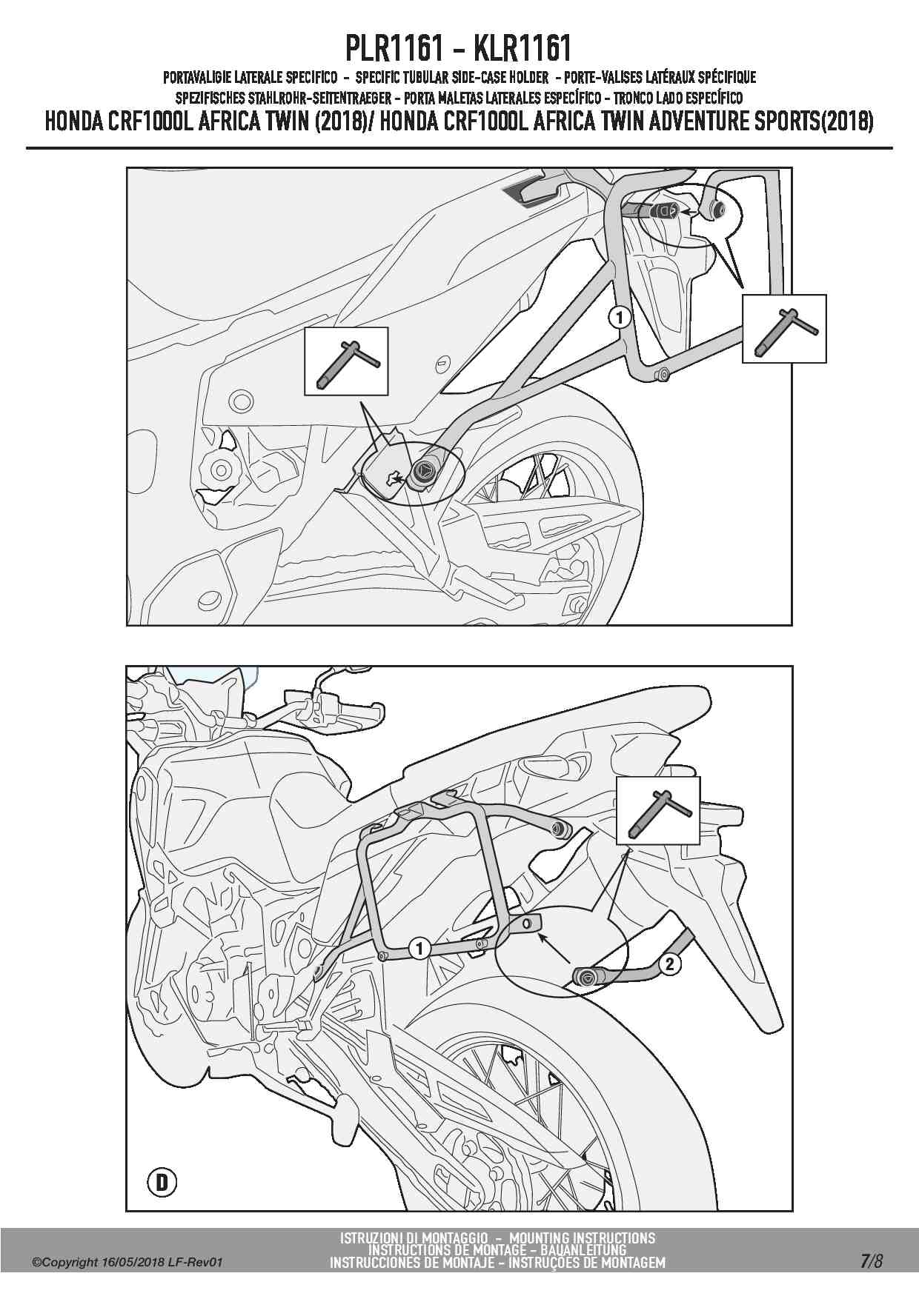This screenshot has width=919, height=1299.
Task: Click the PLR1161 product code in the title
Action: click(394, 48)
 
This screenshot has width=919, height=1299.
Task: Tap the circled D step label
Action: click(162, 1183)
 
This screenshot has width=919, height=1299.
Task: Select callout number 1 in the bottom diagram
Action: click(419, 948)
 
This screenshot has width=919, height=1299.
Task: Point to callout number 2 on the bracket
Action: click(669, 964)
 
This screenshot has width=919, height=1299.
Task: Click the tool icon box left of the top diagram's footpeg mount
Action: click(346, 361)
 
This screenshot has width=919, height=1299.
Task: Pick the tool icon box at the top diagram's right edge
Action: click(783, 328)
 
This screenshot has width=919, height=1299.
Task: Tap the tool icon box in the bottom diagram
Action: click(657, 810)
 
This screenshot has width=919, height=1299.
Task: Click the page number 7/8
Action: click(872, 1260)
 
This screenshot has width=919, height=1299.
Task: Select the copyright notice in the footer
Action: click(127, 1263)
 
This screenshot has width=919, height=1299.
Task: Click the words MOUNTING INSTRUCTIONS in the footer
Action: click(582, 1238)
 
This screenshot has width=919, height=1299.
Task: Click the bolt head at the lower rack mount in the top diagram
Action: click(425, 469)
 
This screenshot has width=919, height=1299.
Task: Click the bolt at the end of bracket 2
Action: click(586, 978)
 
